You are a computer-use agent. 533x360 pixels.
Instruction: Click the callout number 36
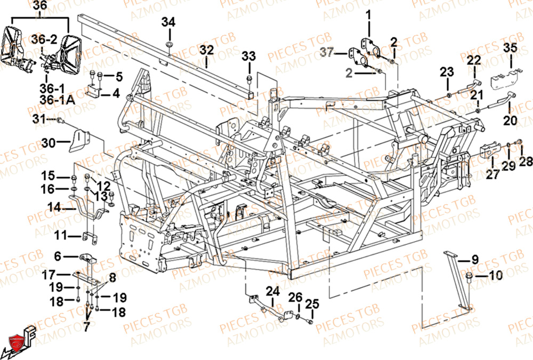click(x=39, y=6)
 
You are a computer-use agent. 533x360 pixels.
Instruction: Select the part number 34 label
click(x=168, y=22)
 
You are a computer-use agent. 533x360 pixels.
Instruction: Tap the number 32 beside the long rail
click(x=207, y=50)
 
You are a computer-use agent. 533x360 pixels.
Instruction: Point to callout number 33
click(x=249, y=56)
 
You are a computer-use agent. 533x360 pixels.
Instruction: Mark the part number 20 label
click(x=510, y=121)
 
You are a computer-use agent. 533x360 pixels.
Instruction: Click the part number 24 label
click(x=273, y=291)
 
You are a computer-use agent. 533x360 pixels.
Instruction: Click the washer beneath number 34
click(x=168, y=43)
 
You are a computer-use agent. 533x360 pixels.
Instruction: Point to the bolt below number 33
click(x=249, y=79)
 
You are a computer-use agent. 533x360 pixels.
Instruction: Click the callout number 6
click(x=58, y=257)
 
